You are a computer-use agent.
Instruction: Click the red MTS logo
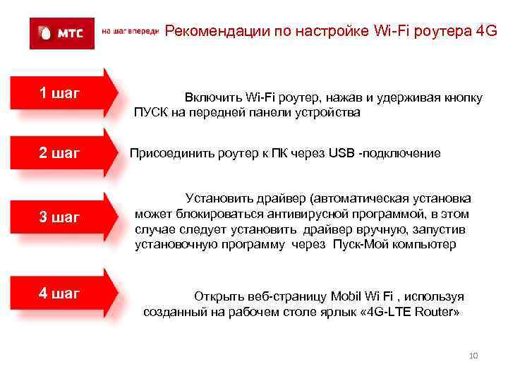click(61, 32)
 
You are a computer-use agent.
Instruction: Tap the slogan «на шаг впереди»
click(131, 32)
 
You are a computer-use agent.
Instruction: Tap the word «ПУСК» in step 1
click(150, 112)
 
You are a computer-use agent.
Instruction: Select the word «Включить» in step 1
click(212, 97)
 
